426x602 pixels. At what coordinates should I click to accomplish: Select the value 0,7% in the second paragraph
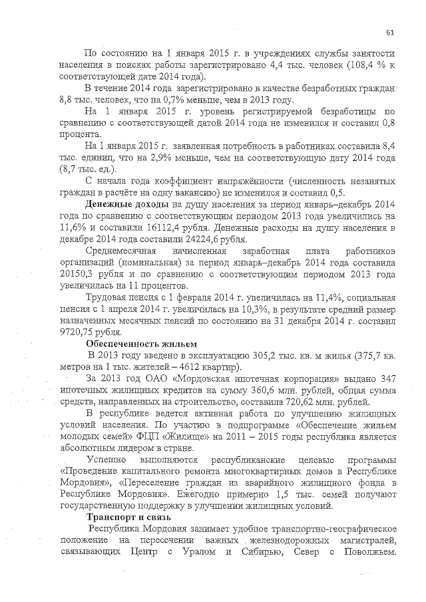(163, 100)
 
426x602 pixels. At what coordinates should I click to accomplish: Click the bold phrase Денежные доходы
(128, 204)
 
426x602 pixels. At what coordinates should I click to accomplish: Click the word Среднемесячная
(120, 251)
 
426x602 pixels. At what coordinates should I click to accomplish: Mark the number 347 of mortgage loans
(386, 379)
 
